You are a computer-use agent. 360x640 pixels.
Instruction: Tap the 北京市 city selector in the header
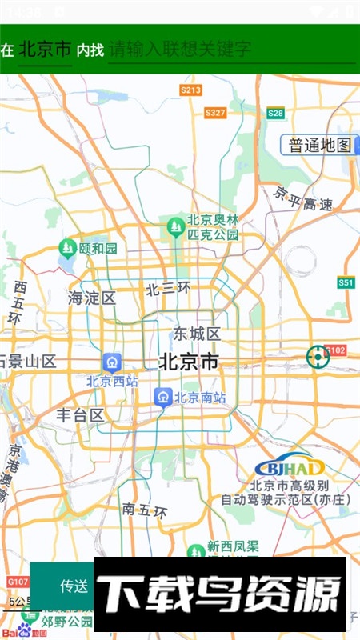pyautogui.click(x=45, y=50)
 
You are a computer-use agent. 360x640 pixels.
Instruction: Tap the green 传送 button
pyautogui.click(x=74, y=586)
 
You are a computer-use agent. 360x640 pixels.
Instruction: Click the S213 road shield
pyautogui.click(x=190, y=90)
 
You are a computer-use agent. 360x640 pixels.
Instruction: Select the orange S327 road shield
pyautogui.click(x=215, y=114)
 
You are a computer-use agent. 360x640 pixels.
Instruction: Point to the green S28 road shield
pyautogui.click(x=276, y=114)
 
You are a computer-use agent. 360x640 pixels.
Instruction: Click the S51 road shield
pyautogui.click(x=346, y=282)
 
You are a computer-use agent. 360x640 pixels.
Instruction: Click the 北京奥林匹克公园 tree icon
pyautogui.click(x=174, y=228)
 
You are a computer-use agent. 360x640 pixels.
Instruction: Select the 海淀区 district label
pyautogui.click(x=92, y=298)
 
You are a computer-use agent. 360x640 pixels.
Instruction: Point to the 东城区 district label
pyautogui.click(x=197, y=334)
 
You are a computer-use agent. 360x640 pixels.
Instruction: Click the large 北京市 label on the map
pyautogui.click(x=189, y=362)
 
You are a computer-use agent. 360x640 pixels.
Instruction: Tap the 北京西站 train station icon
pyautogui.click(x=112, y=362)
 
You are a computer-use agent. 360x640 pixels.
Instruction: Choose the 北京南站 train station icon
pyautogui.click(x=163, y=396)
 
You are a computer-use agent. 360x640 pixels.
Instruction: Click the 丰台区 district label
pyautogui.click(x=80, y=415)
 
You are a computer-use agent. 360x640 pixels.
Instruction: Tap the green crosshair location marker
pyautogui.click(x=318, y=357)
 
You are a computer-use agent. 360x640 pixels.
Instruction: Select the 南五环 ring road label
pyautogui.click(x=145, y=510)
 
